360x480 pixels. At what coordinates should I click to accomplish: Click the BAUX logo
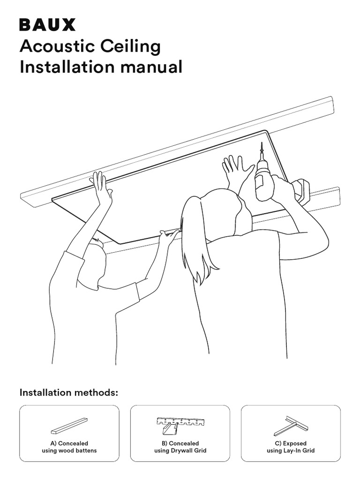47,24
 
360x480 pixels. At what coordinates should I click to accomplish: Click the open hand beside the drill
237,172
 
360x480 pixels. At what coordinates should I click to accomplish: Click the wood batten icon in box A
69,426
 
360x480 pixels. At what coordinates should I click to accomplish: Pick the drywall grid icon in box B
180,425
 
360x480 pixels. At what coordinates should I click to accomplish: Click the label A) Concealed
69,443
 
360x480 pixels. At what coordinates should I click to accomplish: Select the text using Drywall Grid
180,451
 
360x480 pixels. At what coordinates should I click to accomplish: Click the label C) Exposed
291,443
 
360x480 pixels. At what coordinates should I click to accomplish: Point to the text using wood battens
69,451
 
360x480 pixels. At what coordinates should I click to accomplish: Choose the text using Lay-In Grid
291,451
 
